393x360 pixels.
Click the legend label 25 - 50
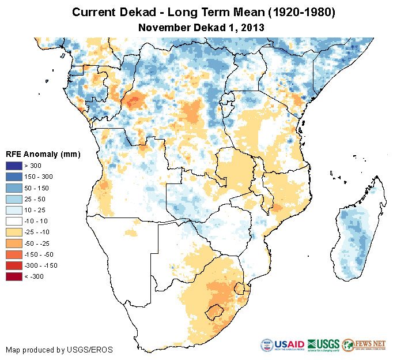point(40,199)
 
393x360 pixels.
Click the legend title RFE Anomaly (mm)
point(43,155)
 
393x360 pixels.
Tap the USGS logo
point(323,345)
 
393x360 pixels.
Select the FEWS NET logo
point(364,345)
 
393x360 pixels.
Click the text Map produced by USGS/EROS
point(59,350)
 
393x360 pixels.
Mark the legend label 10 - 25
point(40,210)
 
